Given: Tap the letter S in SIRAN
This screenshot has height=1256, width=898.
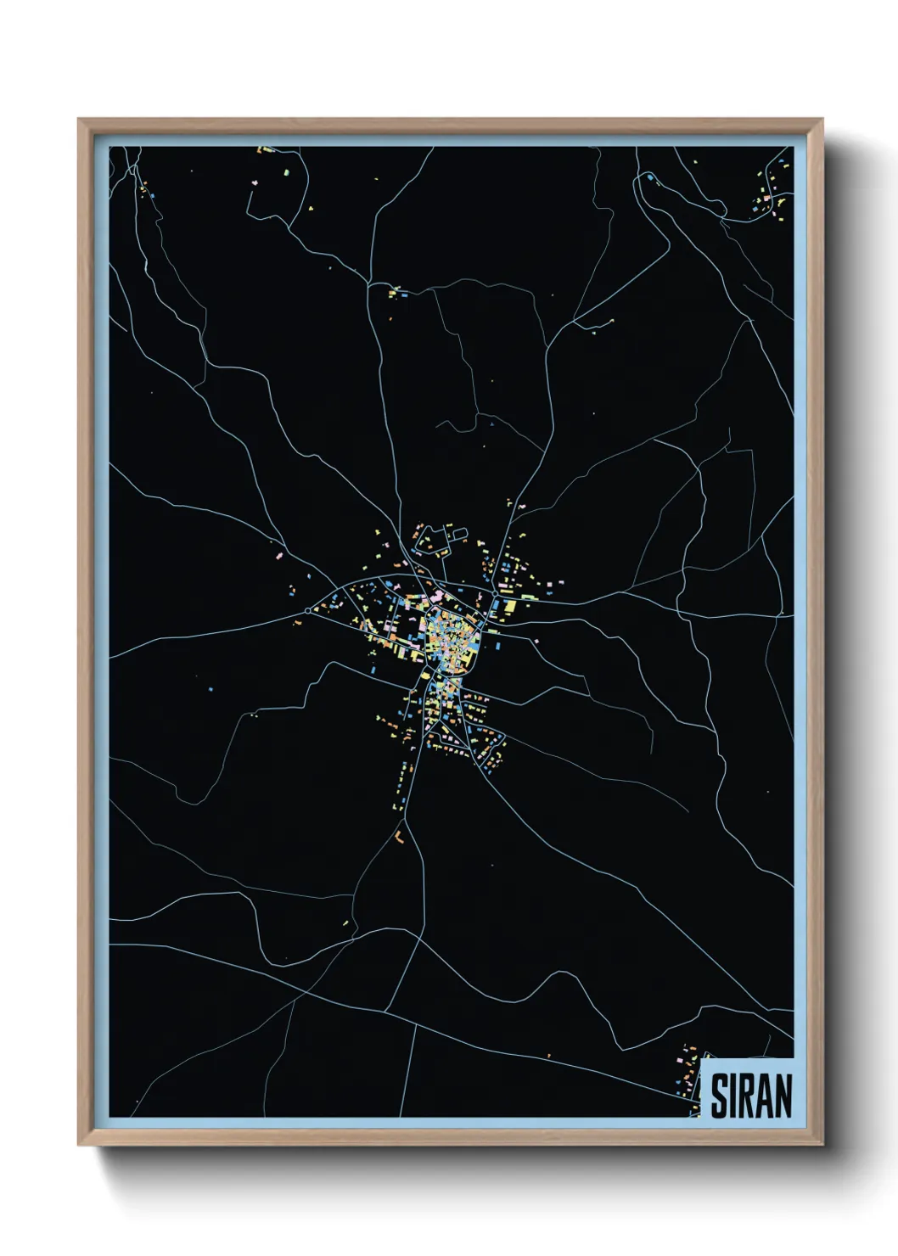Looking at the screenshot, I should (720, 1096).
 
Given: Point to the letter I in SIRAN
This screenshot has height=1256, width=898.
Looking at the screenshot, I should (734, 1096).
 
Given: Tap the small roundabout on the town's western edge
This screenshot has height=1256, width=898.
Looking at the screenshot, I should (307, 610).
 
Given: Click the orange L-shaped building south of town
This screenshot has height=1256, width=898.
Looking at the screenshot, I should (398, 836).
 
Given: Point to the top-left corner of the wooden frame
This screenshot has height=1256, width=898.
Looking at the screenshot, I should (79, 121).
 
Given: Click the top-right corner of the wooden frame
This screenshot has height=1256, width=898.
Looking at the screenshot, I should (822, 121).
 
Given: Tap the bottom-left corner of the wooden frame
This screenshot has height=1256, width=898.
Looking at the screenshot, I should (79, 1144).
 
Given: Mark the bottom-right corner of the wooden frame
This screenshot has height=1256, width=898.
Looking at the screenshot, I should (822, 1144).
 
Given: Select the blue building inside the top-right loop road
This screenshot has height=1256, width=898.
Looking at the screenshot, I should (650, 180).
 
